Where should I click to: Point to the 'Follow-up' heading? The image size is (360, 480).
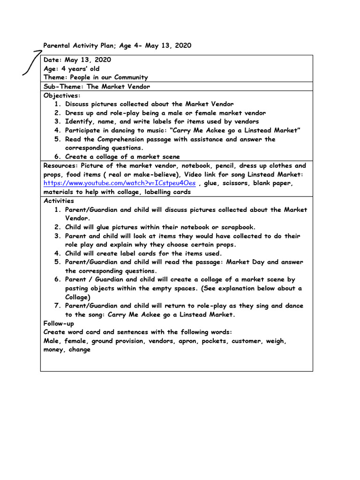point(59,323)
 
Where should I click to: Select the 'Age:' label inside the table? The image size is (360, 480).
point(52,68)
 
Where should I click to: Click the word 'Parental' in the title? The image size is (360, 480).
point(57,45)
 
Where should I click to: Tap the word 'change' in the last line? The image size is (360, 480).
point(79,350)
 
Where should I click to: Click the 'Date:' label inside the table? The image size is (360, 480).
point(53,60)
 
